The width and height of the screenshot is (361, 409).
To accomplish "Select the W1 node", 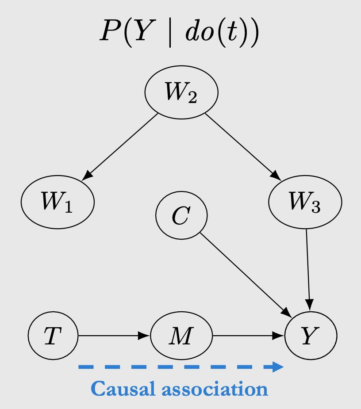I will click(x=58, y=202).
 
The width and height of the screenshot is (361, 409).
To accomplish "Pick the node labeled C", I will click(x=181, y=215).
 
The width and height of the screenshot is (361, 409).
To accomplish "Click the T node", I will click(x=53, y=336).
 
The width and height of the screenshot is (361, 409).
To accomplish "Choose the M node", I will click(x=181, y=336).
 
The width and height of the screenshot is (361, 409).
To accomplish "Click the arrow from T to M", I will click(x=114, y=336).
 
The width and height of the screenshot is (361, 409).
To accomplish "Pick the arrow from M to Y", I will click(x=248, y=336).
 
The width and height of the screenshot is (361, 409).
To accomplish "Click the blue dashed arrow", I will click(x=177, y=367).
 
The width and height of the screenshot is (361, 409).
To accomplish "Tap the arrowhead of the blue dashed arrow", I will click(x=278, y=367).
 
